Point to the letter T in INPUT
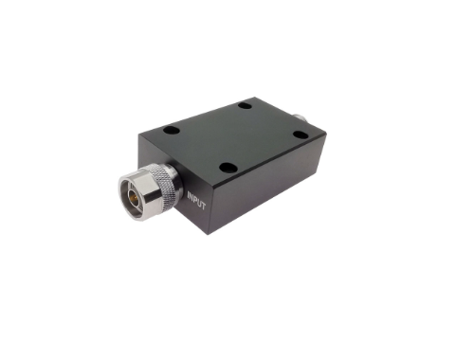pos(204,207)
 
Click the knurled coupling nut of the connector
pos(164,182)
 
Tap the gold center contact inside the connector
pos(132,196)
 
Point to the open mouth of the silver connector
pos(133,196)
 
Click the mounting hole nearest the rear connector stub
pos(301,136)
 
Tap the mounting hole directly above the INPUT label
pos(227,169)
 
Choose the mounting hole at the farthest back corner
pos(246,104)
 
